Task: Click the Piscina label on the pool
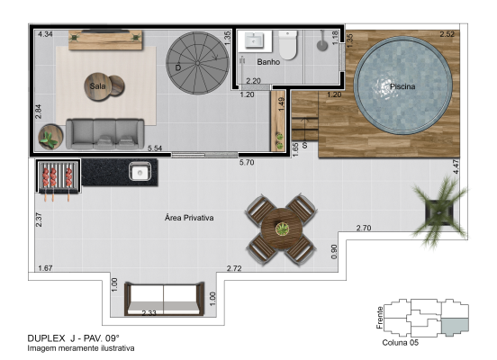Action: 402,86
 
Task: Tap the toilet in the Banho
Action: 288,45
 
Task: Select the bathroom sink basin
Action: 254,40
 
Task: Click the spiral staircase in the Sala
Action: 197,63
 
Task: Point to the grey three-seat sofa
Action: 105,134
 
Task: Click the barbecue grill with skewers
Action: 58,176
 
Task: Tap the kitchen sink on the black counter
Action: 140,172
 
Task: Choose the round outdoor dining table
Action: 282,228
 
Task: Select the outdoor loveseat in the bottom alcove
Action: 164,299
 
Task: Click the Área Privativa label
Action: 189,218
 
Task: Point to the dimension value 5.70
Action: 247,163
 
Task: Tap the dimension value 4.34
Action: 45,34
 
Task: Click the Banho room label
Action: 268,62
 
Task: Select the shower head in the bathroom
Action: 322,41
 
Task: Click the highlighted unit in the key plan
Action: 455,327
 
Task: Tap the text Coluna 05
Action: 401,343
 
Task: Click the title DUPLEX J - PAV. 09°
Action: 74,338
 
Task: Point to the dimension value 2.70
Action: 364,228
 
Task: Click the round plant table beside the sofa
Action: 50,137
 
